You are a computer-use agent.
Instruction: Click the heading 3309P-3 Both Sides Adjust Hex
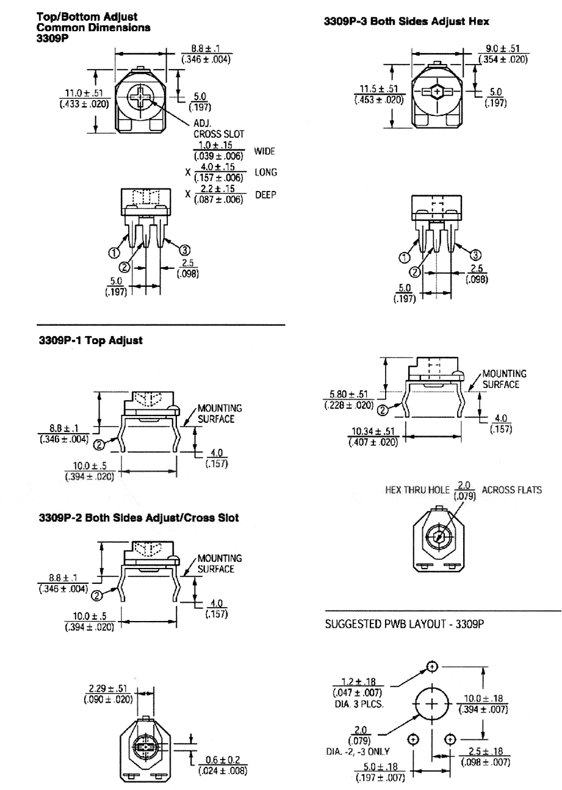click(x=406, y=21)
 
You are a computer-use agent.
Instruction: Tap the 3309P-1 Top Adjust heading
click(x=91, y=340)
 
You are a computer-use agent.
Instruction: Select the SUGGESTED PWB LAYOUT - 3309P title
click(x=405, y=624)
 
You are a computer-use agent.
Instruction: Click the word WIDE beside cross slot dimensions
click(x=264, y=151)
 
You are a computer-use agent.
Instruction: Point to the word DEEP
click(x=265, y=195)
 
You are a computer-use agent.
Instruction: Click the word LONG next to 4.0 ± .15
click(x=265, y=173)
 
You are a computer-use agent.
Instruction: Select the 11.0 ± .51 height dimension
click(x=84, y=93)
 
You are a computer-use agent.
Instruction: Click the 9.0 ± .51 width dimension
click(x=503, y=48)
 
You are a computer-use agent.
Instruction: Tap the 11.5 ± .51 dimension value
click(x=378, y=89)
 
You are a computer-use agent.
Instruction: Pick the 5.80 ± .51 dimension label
click(x=348, y=394)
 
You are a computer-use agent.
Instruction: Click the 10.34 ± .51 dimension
click(x=373, y=431)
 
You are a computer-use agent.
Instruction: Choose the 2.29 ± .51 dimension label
click(x=107, y=688)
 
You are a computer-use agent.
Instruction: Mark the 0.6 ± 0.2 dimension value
click(x=223, y=760)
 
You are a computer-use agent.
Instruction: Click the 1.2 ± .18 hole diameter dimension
click(x=358, y=681)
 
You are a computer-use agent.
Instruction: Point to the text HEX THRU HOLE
click(x=417, y=490)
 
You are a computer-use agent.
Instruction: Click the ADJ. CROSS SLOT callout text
click(x=218, y=129)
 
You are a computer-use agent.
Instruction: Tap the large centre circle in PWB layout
click(x=432, y=704)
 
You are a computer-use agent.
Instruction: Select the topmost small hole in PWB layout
click(x=432, y=667)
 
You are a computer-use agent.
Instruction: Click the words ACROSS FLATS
click(x=511, y=490)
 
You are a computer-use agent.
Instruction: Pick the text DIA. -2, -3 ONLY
click(x=358, y=752)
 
